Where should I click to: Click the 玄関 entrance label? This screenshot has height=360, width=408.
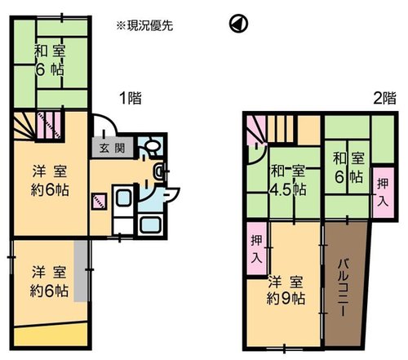click(x=112, y=149)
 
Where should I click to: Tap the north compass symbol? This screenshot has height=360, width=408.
click(x=238, y=24)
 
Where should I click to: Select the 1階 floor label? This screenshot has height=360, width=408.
click(x=131, y=98)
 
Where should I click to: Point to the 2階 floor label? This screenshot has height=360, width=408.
click(x=384, y=98)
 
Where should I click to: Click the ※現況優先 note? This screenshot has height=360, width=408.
click(x=144, y=26)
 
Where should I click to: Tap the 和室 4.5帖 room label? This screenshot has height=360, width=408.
click(x=288, y=181)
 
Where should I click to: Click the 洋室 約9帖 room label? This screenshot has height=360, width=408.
click(x=286, y=291)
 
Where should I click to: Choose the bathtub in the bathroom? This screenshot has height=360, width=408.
click(x=150, y=225)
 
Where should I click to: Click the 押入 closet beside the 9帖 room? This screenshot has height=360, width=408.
click(x=257, y=249)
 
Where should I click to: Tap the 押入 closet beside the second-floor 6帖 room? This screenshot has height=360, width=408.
click(x=383, y=192)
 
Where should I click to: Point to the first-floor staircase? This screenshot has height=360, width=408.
click(x=38, y=125)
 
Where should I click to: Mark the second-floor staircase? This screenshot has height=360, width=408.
click(x=270, y=129)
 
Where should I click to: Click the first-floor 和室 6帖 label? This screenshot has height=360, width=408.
click(x=50, y=60)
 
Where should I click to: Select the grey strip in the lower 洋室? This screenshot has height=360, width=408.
click(x=81, y=271)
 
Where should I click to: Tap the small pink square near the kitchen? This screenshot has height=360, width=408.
click(x=99, y=201)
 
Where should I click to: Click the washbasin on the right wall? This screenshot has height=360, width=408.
click(x=157, y=171)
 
